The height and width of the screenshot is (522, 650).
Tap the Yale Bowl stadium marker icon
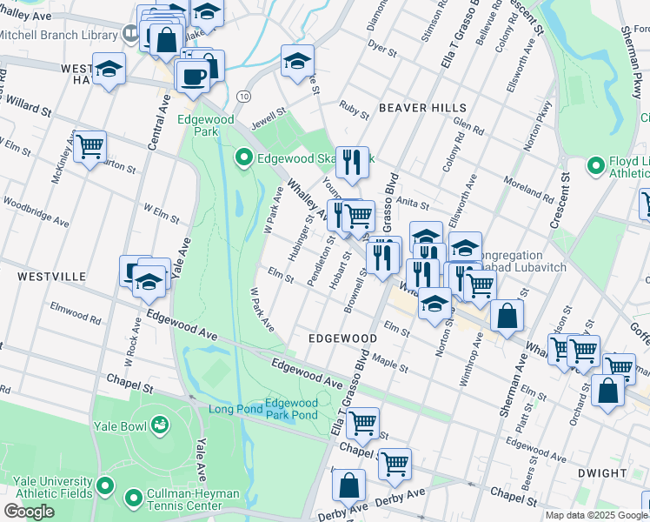coord(160,425)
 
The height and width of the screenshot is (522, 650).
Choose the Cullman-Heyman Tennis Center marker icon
coord(133,499)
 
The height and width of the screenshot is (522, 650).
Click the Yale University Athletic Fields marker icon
coord(105,485)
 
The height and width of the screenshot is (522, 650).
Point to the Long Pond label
coord(235,409)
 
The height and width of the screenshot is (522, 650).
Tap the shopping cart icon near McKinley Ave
coord(90,147)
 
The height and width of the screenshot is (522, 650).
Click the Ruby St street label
coord(354,110)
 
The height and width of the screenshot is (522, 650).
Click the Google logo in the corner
coord(30,512)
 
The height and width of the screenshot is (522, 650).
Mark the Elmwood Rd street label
coord(76,311)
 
